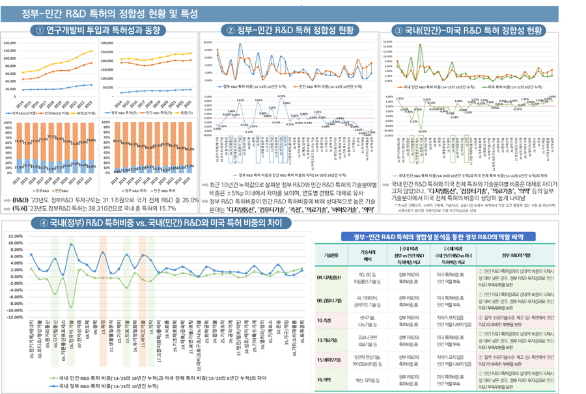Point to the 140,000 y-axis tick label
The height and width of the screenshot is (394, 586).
click(12, 43)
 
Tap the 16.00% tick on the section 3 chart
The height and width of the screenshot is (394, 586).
click(389, 41)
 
